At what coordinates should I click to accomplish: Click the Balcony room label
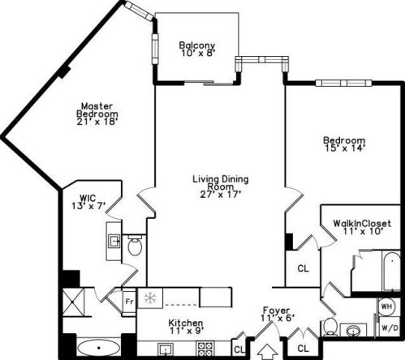coord(196,45)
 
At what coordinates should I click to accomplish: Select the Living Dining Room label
coord(220,182)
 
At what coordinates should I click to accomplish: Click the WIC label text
coord(88,196)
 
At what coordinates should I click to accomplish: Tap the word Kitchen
coord(186,324)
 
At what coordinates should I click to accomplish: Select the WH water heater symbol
coord(387,307)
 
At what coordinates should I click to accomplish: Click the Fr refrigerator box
coord(128,302)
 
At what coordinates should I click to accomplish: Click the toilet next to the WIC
coord(135,245)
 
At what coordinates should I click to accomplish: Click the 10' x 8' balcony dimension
coord(196,55)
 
